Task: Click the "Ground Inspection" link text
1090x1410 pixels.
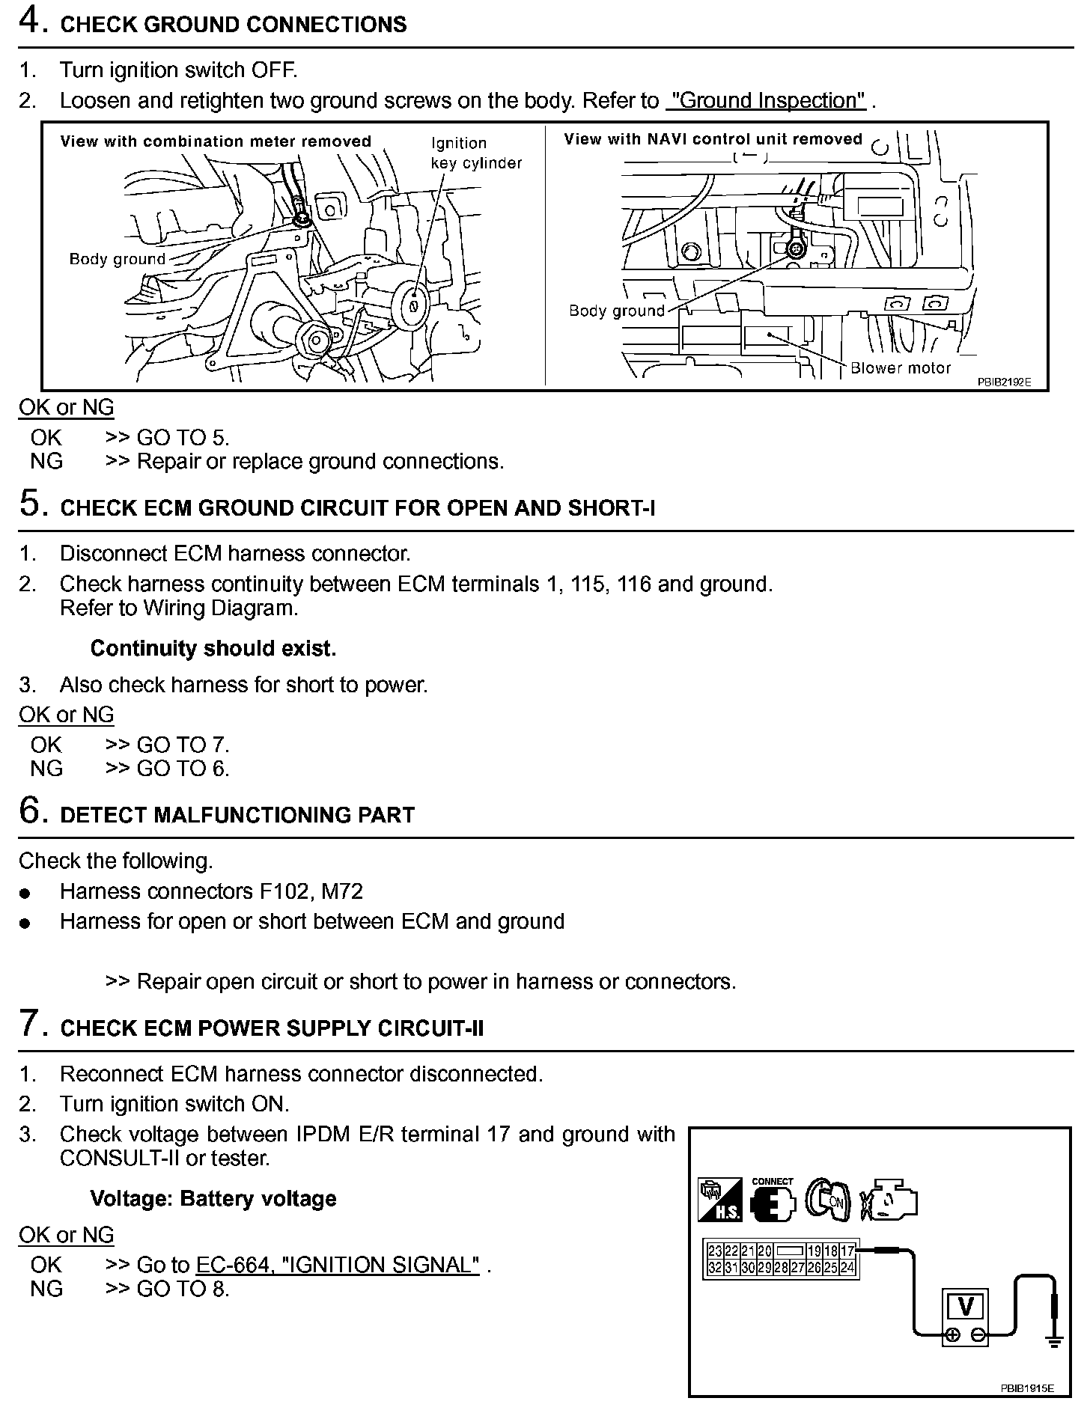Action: (x=766, y=101)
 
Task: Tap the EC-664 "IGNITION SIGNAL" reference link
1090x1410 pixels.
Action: (x=338, y=1265)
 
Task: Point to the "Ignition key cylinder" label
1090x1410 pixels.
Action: (x=475, y=153)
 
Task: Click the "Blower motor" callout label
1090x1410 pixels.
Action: (x=901, y=368)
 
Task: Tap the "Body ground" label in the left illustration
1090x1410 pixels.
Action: (x=117, y=259)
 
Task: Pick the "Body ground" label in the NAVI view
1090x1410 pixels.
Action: (x=617, y=311)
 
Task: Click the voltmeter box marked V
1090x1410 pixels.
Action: (x=966, y=1307)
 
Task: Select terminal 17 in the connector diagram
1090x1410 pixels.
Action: (x=847, y=1251)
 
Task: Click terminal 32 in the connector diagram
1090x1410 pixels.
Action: (x=715, y=1267)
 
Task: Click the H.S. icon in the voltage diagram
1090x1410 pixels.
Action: (x=719, y=1200)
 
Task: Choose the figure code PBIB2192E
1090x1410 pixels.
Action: (x=1004, y=382)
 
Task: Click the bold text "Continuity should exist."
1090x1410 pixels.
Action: (x=213, y=648)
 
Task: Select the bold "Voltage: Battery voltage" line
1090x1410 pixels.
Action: (x=213, y=1199)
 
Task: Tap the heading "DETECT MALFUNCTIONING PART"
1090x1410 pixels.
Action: (x=237, y=815)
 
